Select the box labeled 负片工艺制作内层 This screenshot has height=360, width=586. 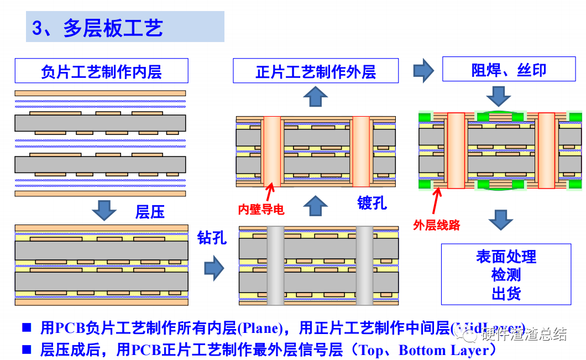101,71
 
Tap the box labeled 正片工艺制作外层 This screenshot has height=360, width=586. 315,71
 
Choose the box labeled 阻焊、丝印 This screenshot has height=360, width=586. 509,70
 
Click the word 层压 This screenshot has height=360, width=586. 150,212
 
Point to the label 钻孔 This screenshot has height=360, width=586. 212,238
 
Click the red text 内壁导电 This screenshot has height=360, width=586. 261,210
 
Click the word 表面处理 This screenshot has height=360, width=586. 506,257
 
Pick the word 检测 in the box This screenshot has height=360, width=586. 506,274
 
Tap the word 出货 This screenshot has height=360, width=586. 506,293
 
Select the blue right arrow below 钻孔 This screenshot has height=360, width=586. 214,269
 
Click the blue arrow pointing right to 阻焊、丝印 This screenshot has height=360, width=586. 424,70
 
